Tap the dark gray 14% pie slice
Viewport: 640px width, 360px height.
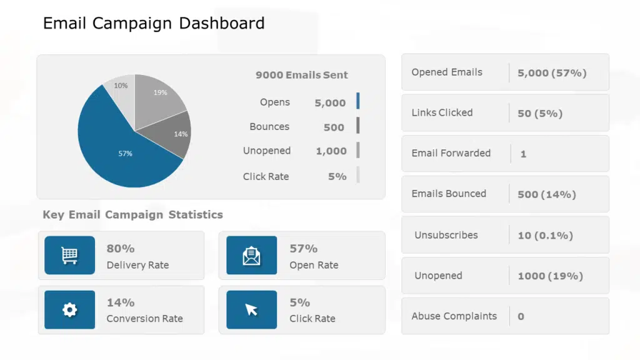click(177, 134)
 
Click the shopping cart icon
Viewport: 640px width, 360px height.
click(69, 255)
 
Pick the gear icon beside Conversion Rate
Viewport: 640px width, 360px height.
click(69, 309)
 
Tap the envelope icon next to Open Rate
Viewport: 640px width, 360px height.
click(251, 255)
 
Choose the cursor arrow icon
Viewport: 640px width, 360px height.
click(251, 309)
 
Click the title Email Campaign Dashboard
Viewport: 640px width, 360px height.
click(154, 24)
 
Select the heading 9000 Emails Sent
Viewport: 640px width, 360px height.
click(301, 75)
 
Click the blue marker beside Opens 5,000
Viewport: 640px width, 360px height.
click(358, 101)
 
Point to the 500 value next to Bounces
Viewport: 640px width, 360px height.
click(334, 127)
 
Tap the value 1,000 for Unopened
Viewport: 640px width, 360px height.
click(331, 151)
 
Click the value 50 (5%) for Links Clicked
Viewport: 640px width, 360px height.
click(540, 114)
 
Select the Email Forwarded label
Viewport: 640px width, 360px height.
click(451, 153)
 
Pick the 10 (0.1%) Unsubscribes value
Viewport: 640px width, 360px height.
click(545, 236)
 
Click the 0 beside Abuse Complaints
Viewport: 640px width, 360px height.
click(521, 317)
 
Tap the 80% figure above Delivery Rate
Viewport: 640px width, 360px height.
click(121, 249)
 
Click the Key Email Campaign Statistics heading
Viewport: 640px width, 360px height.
click(132, 215)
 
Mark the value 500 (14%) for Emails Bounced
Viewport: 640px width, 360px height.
click(546, 194)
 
